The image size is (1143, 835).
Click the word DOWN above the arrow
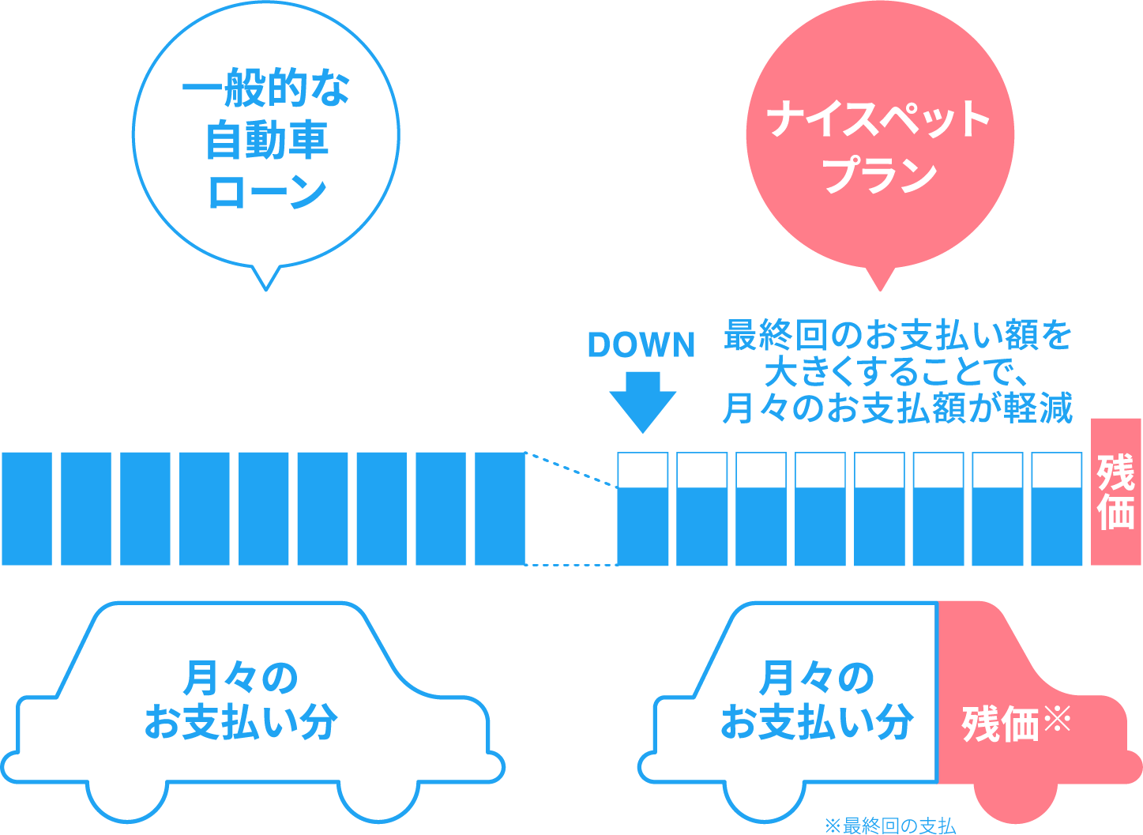[641, 344]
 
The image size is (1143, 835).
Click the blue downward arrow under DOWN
[642, 402]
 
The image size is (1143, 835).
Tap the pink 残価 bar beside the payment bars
[1115, 491]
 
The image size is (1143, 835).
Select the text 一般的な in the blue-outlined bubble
[266, 87]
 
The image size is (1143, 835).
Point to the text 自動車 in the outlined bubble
[267, 140]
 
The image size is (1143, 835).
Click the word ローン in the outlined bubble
[267, 191]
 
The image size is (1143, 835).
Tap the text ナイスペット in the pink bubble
[878, 118]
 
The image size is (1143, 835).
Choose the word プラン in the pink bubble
[880, 174]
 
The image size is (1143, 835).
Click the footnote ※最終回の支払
[890, 826]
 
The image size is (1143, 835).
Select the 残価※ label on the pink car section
[1016, 724]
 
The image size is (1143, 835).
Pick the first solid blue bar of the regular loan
[27, 509]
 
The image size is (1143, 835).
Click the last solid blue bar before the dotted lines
[500, 509]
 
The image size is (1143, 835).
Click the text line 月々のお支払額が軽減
[897, 408]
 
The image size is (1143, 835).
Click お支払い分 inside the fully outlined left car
[241, 722]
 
